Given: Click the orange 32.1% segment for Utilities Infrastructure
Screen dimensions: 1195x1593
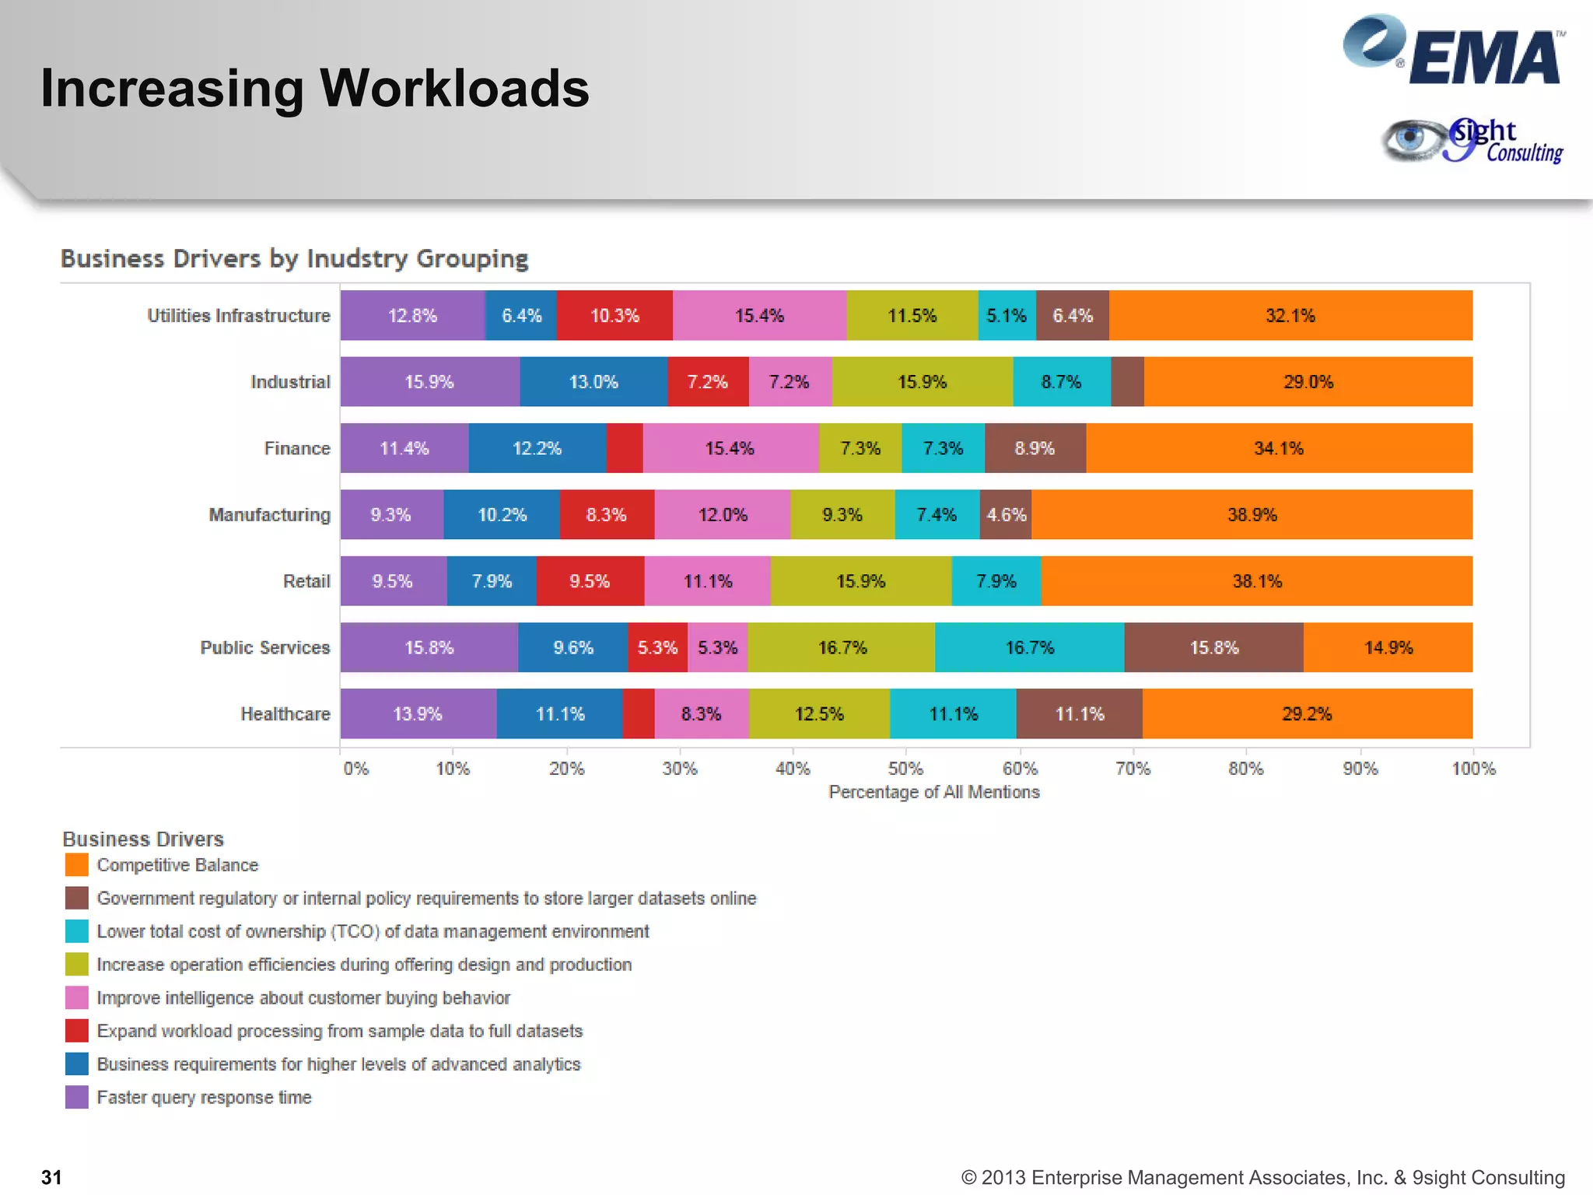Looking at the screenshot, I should coord(1290,315).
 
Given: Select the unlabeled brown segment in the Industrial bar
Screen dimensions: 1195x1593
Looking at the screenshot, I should coord(1127,382).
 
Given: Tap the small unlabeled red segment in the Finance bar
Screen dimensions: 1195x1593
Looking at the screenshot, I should coord(625,448).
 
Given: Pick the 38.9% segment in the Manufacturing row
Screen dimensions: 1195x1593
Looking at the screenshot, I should coord(1252,514).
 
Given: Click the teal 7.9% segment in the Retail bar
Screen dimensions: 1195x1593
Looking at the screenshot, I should coord(996,581).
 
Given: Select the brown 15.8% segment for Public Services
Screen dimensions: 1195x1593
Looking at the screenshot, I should coord(1213,647).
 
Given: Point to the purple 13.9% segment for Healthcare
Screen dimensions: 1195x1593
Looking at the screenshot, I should coord(418,713).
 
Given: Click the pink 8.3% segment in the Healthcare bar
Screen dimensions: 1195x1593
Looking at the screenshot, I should coord(701,713).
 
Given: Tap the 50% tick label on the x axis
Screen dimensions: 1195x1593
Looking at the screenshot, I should coord(905,769).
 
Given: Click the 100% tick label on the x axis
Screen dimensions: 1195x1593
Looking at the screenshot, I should coord(1473,769).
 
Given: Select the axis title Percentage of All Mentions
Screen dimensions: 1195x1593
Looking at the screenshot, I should coord(933,792).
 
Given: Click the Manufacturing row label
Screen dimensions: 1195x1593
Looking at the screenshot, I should coord(269,515).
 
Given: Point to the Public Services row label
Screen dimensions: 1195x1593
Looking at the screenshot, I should coord(264,647).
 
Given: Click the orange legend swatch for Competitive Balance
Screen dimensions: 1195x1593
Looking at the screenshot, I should coord(76,865).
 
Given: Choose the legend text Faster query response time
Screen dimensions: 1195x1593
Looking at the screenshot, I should coord(204,1097).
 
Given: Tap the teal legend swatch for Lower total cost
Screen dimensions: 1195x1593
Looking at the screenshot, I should coord(76,931).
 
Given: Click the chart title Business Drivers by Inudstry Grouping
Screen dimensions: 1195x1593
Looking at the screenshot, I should coord(294,258).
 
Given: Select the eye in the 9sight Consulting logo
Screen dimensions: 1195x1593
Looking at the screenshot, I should coord(1409,140).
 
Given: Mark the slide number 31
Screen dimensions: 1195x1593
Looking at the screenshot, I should coord(51,1177).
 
